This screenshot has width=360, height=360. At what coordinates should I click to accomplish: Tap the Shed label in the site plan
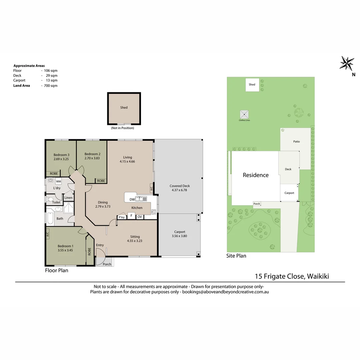(252, 84)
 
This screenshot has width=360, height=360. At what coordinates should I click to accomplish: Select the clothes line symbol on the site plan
(244, 114)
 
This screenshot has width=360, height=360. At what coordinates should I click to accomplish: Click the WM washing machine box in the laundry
(59, 181)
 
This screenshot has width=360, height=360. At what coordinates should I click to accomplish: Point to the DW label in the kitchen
(132, 200)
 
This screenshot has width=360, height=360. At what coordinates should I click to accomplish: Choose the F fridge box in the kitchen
(131, 216)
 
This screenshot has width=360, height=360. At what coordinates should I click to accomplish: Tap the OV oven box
(140, 217)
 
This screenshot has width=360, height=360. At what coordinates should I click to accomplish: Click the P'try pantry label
(122, 217)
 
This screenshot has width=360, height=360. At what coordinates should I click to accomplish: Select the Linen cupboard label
(68, 198)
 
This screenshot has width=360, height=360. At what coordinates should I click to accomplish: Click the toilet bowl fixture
(50, 199)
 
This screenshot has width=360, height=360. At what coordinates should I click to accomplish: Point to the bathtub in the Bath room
(50, 218)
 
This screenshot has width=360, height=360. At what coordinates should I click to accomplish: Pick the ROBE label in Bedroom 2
(101, 181)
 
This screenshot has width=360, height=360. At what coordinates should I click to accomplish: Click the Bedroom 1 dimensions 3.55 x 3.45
(65, 250)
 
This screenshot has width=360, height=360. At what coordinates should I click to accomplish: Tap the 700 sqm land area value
(51, 86)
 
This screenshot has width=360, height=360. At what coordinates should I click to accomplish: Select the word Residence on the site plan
(256, 175)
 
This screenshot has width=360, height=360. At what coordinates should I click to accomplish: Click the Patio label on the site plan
(296, 141)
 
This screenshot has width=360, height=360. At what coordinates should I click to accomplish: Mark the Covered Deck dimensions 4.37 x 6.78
(179, 190)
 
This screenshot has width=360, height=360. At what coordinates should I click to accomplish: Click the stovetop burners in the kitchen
(154, 212)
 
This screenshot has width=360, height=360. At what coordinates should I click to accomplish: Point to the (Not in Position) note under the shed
(123, 128)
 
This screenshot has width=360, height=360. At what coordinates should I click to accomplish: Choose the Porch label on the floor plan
(107, 264)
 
